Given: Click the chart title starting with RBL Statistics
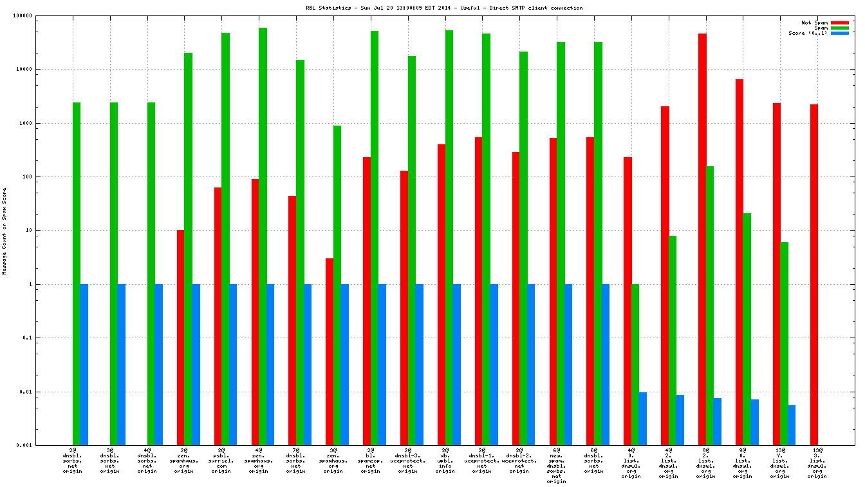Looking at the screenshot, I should [x=445, y=8].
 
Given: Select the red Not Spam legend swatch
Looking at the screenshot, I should [x=840, y=23].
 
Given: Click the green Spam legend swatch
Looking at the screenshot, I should [x=840, y=28].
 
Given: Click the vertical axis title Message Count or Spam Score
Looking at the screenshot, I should [x=5, y=231].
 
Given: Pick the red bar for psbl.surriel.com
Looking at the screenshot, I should [x=218, y=316].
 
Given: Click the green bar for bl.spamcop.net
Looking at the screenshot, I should [x=374, y=238].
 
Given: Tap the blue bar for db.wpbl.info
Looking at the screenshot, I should [x=456, y=364].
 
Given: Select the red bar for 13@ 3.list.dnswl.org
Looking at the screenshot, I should [x=814, y=274].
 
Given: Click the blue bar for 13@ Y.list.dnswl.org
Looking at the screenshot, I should [x=792, y=425].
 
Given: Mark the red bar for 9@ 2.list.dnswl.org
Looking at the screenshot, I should [x=702, y=239].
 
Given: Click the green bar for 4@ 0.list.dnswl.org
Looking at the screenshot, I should [x=635, y=364].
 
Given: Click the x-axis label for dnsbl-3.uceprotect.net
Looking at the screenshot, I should [x=407, y=462].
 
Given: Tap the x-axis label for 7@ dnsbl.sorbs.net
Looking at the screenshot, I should [x=295, y=462].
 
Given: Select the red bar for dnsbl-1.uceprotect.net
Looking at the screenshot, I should [x=478, y=291].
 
